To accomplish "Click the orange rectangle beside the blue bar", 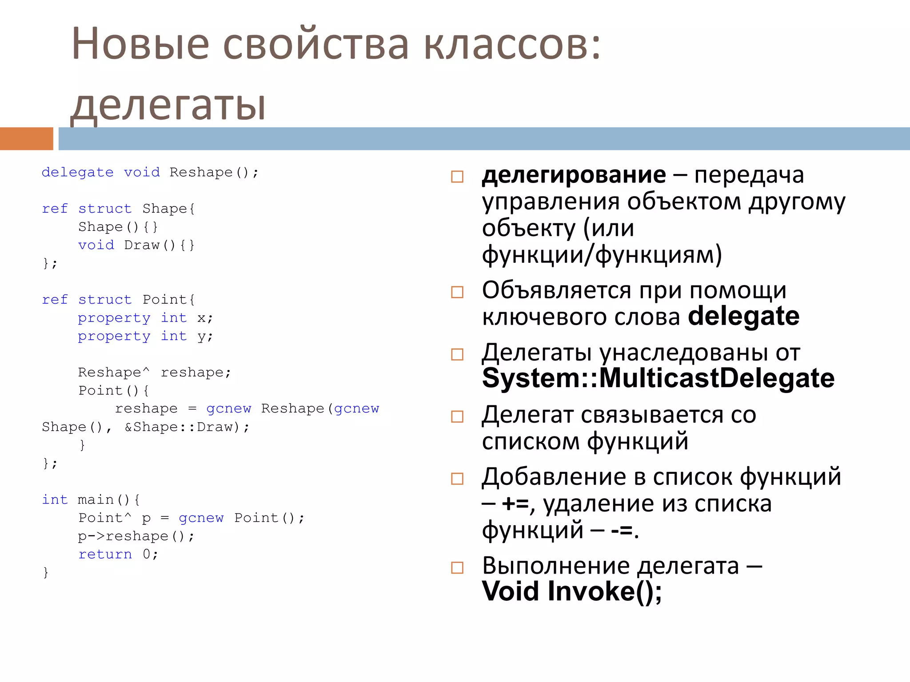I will click(26, 139).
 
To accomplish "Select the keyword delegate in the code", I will click(77, 172).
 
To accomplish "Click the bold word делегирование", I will click(574, 175).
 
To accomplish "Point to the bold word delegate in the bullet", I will click(743, 317).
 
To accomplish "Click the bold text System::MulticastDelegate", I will click(658, 378).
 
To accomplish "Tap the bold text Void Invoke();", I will click(572, 591).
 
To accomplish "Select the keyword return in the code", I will click(105, 554).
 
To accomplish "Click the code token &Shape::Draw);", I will click(187, 427).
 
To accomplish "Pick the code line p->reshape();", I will click(136, 536).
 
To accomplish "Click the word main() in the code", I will click(109, 500).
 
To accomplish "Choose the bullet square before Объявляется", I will click(457, 292).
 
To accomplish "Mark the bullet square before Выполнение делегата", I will click(457, 567).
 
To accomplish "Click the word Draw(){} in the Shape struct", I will click(159, 245).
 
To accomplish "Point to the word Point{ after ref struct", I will click(168, 300).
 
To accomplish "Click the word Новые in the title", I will click(140, 44).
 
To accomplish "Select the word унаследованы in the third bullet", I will click(683, 353).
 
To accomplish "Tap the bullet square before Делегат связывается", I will click(457, 416).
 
